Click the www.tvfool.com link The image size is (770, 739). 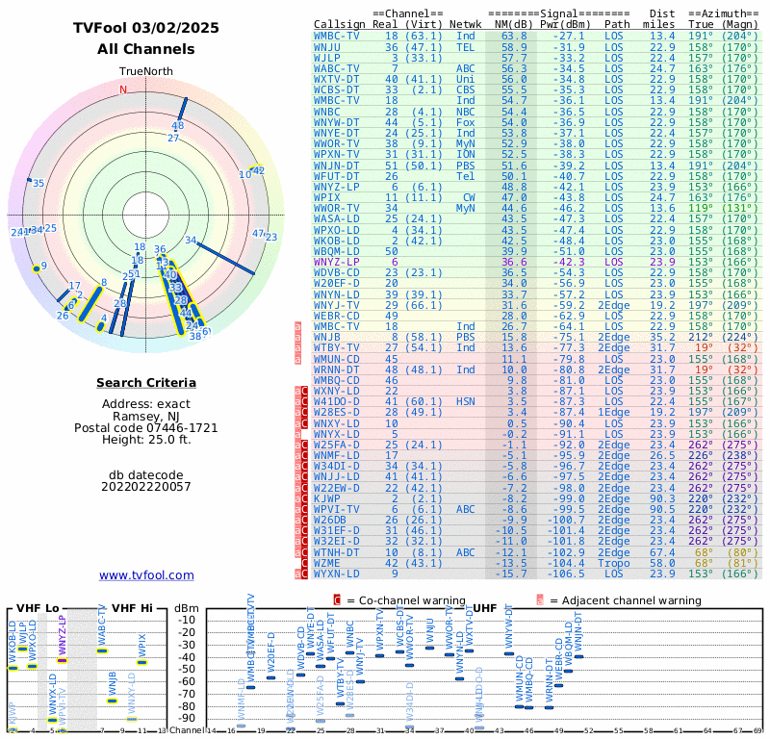[146, 575]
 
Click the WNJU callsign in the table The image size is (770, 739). [327, 46]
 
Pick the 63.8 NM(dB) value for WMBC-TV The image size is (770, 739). [513, 36]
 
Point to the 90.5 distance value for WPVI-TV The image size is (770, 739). [661, 509]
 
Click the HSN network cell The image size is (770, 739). [465, 401]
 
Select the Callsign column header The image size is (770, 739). [339, 24]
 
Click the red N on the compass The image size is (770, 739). [123, 90]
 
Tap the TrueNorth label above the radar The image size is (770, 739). [145, 72]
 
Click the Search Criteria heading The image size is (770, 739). [145, 383]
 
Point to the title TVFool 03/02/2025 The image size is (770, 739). [146, 28]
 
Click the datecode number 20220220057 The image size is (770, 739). [145, 486]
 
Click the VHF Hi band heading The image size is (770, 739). [133, 607]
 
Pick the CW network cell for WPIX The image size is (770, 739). [465, 196]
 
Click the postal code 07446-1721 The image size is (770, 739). [146, 427]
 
